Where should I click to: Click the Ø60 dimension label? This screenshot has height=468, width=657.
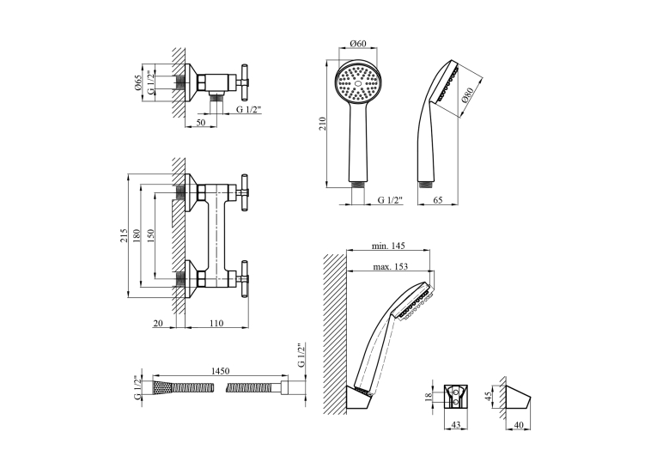coord(358,43)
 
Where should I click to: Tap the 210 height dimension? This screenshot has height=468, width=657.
coord(322,124)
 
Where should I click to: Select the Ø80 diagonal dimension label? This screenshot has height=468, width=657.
coord(467,95)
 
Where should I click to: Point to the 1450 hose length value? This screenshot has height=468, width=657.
coord(220,371)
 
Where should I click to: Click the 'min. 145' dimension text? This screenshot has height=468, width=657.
coord(388,246)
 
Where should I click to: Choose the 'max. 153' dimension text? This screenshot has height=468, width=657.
coord(391,266)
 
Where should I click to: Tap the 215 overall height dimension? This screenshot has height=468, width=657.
coord(123,235)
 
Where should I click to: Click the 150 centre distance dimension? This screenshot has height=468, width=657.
coord(151,235)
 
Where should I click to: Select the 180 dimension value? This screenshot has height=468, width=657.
coord(137,235)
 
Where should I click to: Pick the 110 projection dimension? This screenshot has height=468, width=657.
coord(216,323)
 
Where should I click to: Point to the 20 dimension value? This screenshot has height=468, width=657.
coord(158,323)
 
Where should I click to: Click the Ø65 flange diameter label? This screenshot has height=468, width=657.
coord(138,82)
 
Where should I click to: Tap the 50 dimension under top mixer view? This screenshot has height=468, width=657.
coord(201,122)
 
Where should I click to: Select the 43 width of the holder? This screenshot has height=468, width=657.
coord(455,425)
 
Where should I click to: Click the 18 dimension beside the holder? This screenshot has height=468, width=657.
coord(428,397)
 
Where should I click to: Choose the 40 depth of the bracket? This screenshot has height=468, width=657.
coord(519,425)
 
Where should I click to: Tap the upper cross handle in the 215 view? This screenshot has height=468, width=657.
coord(242,192)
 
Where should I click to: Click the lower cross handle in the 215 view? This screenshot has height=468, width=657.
coord(242,279)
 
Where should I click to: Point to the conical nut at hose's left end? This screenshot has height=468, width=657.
coord(161,387)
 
